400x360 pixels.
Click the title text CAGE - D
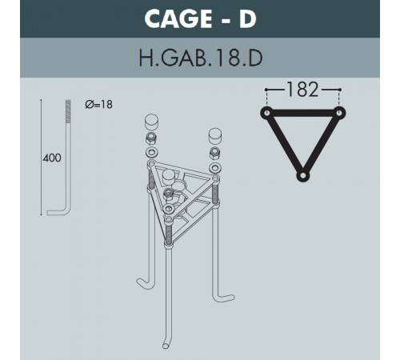pyautogui.click(x=200, y=18)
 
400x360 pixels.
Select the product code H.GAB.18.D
pyautogui.click(x=201, y=58)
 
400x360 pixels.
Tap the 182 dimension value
pyautogui.click(x=302, y=90)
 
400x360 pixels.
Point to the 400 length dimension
pyautogui.click(x=52, y=158)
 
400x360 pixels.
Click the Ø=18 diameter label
pyautogui.click(x=98, y=104)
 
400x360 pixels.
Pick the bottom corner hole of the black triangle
pyautogui.click(x=302, y=176)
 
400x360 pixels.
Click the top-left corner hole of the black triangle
pyautogui.click(x=266, y=113)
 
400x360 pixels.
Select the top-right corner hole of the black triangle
pyautogui.click(x=339, y=113)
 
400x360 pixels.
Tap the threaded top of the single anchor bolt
pyautogui.click(x=68, y=111)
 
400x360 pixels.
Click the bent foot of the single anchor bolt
pyautogui.click(x=58, y=213)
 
